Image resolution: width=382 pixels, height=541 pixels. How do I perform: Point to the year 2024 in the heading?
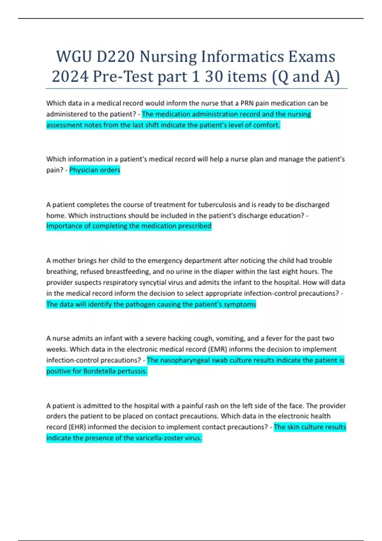(70, 77)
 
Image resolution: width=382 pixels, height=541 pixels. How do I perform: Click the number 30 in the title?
(214, 77)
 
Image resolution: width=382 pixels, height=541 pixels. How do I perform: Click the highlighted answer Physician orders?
(95, 170)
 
